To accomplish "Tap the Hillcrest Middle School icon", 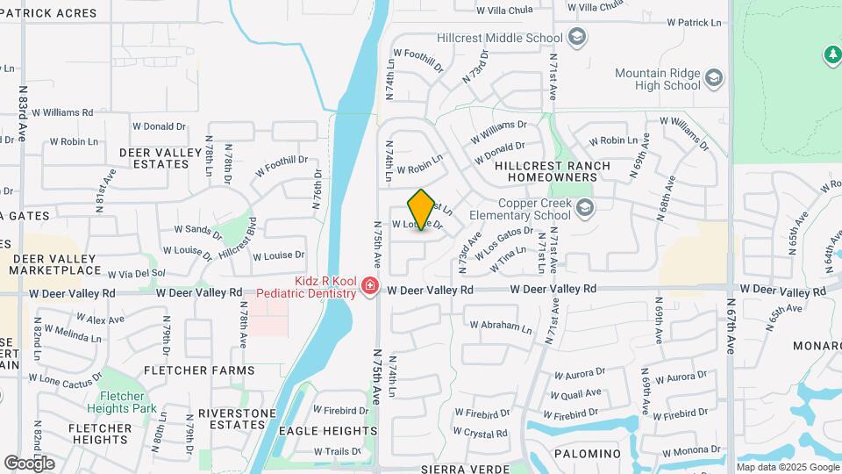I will (x=577, y=37).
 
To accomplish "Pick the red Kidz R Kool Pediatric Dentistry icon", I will (x=370, y=286).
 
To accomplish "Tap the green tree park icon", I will (x=831, y=54).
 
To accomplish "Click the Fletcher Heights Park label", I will (x=122, y=403).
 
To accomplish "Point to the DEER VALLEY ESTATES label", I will (x=161, y=158).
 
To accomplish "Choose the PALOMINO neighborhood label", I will (x=588, y=454).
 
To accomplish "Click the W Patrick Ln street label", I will (x=697, y=23).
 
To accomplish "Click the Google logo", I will (x=29, y=463).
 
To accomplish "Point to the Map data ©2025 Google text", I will (x=787, y=467).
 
